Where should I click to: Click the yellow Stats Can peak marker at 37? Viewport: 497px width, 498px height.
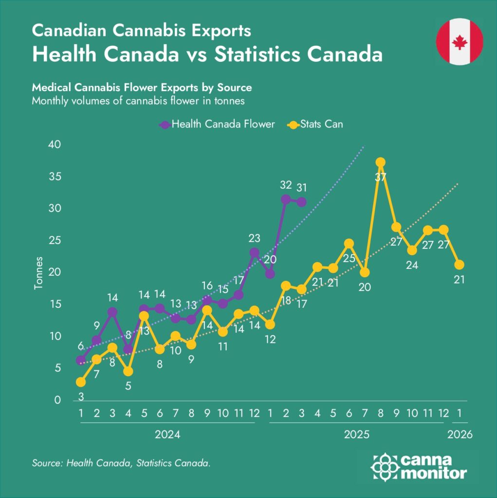[x=380, y=162]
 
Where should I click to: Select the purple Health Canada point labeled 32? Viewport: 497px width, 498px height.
[x=286, y=199]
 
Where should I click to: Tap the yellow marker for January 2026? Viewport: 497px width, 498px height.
[x=459, y=265]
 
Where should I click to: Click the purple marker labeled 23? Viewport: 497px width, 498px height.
[x=254, y=252]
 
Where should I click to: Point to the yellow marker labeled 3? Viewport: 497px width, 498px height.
[x=81, y=382]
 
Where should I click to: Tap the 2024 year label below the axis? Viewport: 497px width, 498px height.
[x=167, y=434]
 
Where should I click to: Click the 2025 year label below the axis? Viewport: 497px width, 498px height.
[x=357, y=434]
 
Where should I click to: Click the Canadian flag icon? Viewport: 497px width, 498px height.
[x=460, y=42]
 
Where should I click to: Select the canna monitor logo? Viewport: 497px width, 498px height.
[x=419, y=467]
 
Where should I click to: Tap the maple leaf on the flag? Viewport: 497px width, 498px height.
[x=460, y=42]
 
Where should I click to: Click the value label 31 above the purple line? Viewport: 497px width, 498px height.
[x=302, y=187]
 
